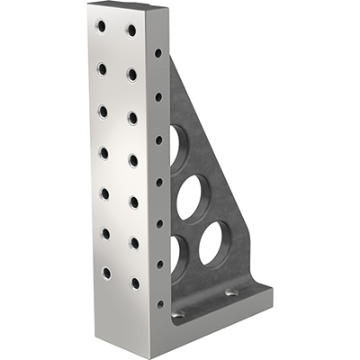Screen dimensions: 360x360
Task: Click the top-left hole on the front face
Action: tap(101, 27)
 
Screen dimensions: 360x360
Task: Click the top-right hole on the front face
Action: tap(131, 31)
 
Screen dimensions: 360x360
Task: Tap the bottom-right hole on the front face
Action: tap(135, 283)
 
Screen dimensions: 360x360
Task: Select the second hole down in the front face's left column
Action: tap(102, 69)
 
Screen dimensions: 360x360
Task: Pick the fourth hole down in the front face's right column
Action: tap(133, 160)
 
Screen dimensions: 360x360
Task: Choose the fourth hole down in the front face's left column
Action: tap(103, 152)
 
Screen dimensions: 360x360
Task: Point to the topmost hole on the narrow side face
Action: tap(158, 53)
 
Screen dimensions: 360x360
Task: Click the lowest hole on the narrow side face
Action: tap(160, 303)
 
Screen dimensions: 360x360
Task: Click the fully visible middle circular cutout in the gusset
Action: tap(190, 197)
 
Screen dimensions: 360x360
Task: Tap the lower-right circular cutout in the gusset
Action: tap(214, 243)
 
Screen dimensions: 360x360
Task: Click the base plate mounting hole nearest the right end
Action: tap(232, 293)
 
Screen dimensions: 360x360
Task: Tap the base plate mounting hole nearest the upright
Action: tap(178, 314)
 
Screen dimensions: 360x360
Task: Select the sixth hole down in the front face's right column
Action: tap(134, 242)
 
